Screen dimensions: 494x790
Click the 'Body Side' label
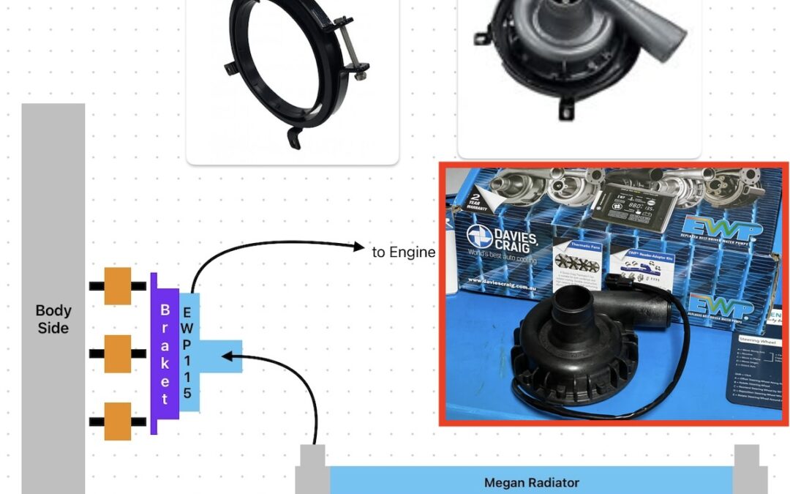53,319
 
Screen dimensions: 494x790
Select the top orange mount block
117,285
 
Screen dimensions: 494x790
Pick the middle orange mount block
117,353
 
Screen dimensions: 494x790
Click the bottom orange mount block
117,421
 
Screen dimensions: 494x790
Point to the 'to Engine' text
404,252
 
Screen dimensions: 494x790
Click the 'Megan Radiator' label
531,483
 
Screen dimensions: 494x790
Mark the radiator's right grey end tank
748,468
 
